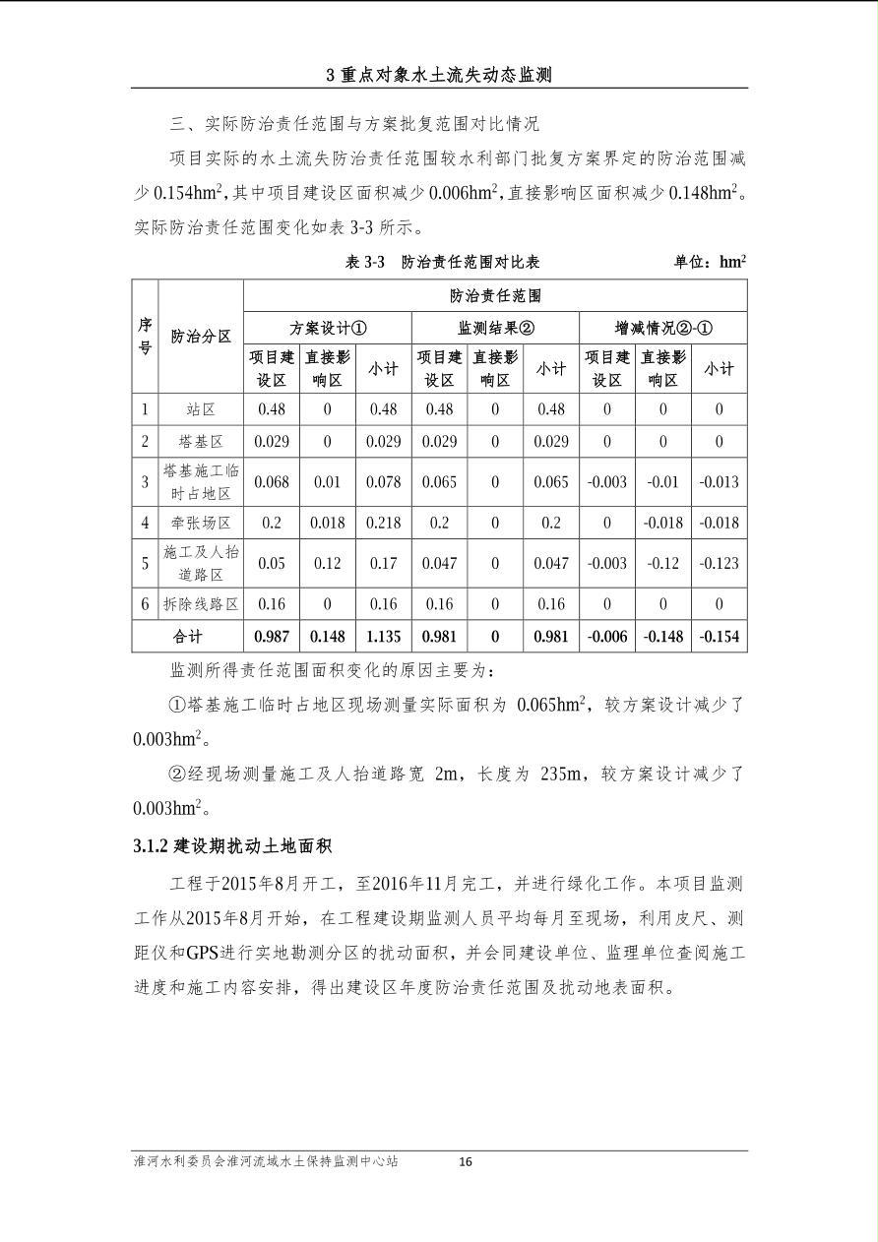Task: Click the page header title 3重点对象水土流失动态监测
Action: (439, 75)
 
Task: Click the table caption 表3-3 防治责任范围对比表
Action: (443, 263)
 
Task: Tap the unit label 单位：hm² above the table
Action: (709, 263)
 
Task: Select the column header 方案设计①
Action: (328, 328)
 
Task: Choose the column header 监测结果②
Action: (495, 328)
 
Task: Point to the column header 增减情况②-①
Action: (663, 328)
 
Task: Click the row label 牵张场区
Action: (201, 523)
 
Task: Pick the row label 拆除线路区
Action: (201, 603)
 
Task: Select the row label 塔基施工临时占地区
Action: (201, 482)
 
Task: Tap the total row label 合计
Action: (187, 636)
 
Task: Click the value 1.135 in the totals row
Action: (383, 636)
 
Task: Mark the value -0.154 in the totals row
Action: (719, 636)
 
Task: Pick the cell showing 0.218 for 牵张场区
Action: (383, 523)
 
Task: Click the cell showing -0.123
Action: (719, 563)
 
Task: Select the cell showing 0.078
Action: (383, 482)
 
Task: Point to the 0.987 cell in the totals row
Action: (272, 636)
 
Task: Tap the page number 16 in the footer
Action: (466, 1162)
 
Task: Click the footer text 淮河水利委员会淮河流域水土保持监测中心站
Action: (266, 1161)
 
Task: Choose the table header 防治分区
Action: (201, 337)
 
